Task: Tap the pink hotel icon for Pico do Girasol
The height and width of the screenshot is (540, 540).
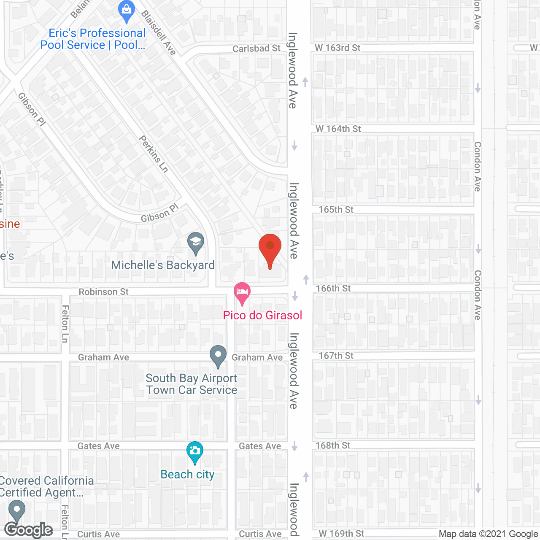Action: pos(242,292)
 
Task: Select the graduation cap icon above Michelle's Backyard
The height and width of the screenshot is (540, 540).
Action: pos(196,242)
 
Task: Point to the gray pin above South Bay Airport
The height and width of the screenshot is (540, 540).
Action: pos(218,355)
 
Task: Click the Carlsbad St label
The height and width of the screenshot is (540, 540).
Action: pos(256,49)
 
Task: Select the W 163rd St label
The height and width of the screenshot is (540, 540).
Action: pos(337,48)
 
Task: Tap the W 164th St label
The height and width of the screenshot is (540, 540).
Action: pos(338,129)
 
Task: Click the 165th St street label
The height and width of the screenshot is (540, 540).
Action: pos(336,210)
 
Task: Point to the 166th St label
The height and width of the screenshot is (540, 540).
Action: pos(333,289)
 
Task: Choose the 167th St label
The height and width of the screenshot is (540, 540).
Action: pos(336,356)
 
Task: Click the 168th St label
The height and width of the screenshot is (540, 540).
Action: pos(333,445)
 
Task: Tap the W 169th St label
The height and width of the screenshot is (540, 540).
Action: pos(341,534)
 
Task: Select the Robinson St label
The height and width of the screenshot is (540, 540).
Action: pos(104,292)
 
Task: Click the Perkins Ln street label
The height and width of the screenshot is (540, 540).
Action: pos(154,154)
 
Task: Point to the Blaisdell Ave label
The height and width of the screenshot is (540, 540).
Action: pos(158,33)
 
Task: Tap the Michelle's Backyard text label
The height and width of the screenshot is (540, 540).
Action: pos(163,265)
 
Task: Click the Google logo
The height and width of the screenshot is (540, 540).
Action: pos(29,530)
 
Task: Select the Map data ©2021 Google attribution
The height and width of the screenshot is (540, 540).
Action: pos(489,534)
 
